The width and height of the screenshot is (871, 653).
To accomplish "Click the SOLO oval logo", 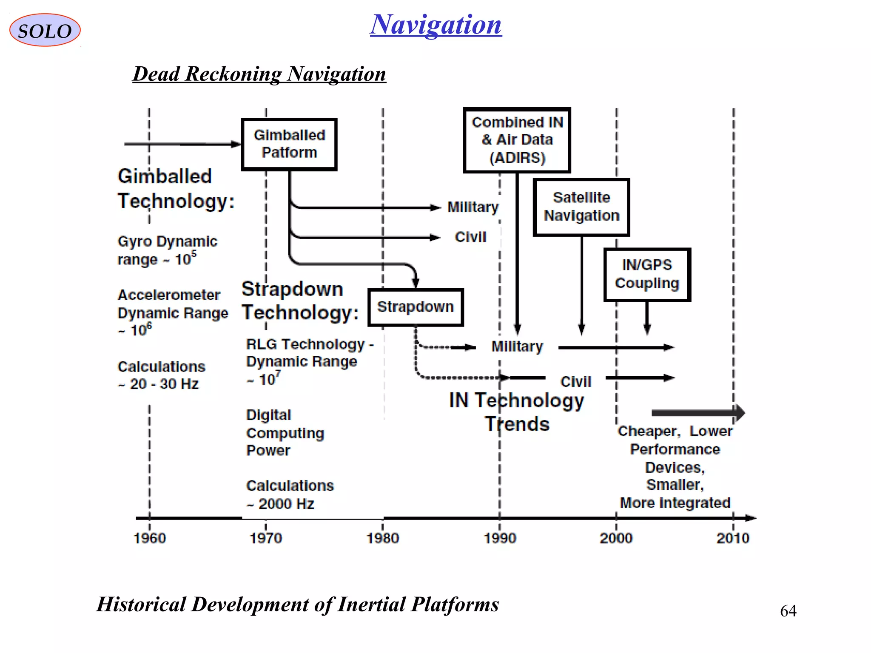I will point(45,30).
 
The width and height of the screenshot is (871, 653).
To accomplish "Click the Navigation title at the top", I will point(435,25).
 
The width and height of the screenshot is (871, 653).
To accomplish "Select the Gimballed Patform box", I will point(289,144).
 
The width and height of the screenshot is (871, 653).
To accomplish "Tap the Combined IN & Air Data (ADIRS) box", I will point(517,140).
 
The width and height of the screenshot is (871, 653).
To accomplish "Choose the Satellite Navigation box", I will point(581,207).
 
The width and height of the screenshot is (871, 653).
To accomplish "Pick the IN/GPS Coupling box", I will point(647,274).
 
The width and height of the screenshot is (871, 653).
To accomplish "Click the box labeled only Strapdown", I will point(416,307).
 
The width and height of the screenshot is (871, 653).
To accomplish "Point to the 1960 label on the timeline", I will point(150,538).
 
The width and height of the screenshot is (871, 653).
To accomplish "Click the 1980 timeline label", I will point(383,538).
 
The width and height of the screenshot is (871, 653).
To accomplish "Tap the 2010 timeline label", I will point(733,538).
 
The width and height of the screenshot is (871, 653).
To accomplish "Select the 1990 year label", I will point(500,538).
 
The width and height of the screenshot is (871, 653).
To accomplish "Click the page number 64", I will point(788,611).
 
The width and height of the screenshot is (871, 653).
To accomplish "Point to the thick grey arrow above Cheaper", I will point(698,412).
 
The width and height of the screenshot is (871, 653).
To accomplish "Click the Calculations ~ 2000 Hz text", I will point(290,494).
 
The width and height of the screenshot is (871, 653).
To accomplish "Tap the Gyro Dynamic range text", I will point(167,250).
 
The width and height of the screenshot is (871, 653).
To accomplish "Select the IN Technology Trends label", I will point(517,412).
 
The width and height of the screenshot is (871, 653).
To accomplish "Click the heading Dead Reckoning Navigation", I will point(259,74).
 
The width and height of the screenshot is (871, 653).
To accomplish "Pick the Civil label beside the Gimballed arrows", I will point(470,237).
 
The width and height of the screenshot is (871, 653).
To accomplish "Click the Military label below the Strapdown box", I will point(517,346).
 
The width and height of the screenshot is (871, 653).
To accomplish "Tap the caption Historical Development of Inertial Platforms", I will point(298,604).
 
